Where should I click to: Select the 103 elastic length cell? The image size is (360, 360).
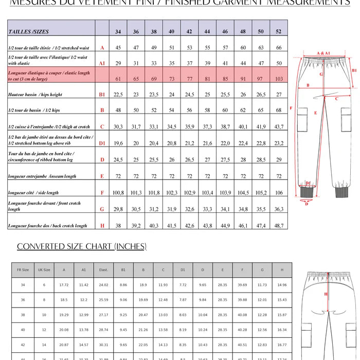[x=279, y=79]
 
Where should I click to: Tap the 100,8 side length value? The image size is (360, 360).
[x=118, y=193]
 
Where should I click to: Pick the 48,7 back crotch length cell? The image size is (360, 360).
[x=279, y=226]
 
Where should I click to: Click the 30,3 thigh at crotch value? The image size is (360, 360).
[x=118, y=127]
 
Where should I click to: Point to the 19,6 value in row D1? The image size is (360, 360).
[x=118, y=143]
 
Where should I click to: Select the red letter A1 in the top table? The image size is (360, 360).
[x=102, y=63]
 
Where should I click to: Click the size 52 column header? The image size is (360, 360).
[x=279, y=32]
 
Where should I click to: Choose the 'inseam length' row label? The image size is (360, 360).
[x=42, y=176]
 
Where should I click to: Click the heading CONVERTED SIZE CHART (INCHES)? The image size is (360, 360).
[x=82, y=246]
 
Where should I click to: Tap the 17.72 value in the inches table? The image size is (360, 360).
[x=64, y=284]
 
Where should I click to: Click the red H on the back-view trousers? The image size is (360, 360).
[x=326, y=294]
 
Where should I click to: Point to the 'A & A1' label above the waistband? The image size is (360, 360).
[x=323, y=53]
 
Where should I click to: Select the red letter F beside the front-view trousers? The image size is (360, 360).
[x=291, y=108]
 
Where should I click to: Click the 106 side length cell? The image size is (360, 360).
[x=279, y=193]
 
